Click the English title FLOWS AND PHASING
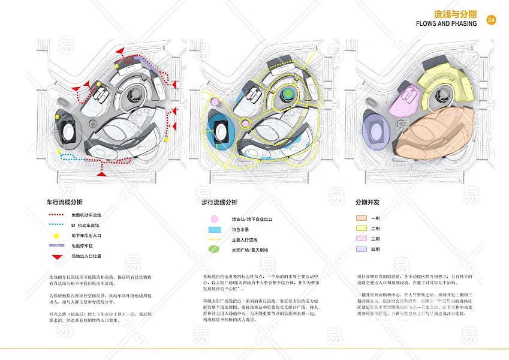446,23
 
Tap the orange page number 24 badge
491,20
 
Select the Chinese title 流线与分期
455,13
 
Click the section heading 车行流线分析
64,202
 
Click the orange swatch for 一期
361,218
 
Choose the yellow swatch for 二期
361,229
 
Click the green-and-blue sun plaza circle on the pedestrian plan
288,94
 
